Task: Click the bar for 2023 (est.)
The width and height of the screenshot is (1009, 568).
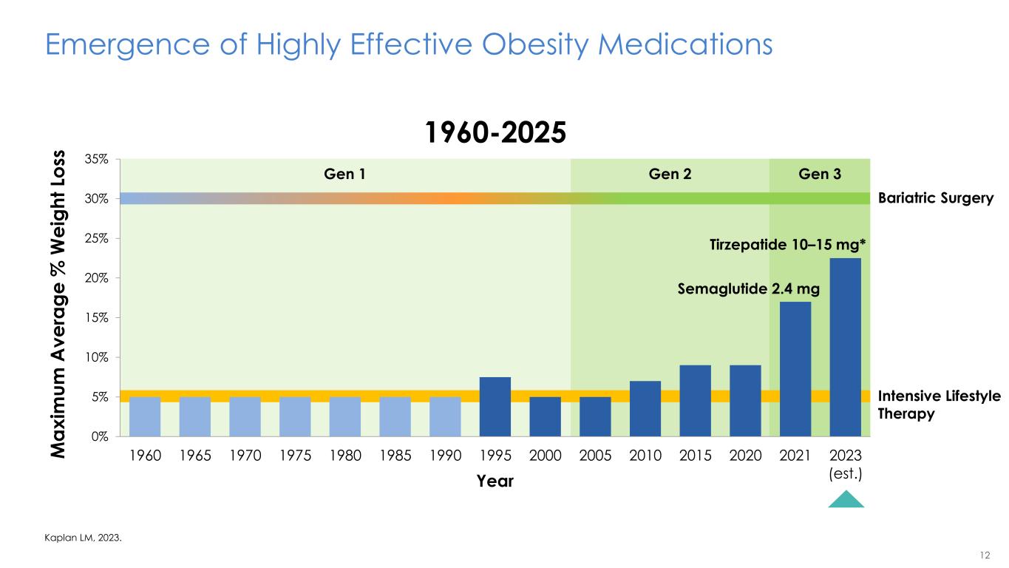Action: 846,347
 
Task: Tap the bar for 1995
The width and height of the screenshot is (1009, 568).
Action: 495,406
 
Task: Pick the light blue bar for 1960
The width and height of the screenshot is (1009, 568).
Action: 145,416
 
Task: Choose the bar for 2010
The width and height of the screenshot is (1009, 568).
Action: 645,408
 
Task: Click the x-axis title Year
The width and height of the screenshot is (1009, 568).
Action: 495,481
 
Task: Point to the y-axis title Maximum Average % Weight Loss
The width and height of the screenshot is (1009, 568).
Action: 61,297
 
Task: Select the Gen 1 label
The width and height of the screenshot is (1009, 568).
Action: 345,175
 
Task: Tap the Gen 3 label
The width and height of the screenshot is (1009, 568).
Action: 820,175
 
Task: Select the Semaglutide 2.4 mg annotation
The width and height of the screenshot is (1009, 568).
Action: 749,290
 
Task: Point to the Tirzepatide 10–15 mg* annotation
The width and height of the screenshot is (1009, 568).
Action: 789,246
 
